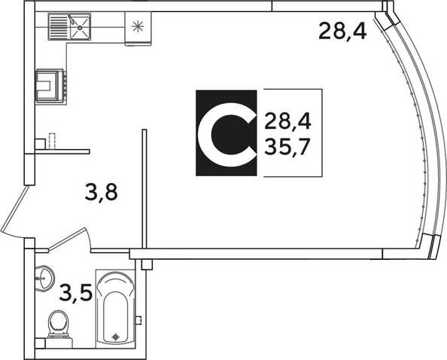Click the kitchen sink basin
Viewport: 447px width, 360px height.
point(80,27)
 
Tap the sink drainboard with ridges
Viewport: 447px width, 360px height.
point(59,26)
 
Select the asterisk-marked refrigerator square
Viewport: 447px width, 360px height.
point(138,28)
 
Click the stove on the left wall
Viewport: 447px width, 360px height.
point(50,85)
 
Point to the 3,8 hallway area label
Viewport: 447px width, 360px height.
point(101,193)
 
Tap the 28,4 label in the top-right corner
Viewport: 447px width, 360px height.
point(342,31)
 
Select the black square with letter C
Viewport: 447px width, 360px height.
point(227,133)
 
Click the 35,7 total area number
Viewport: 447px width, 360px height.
point(287,147)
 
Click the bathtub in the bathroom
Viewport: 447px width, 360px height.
point(115,308)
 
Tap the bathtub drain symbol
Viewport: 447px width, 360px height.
point(115,337)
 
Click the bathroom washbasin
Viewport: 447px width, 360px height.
point(44,279)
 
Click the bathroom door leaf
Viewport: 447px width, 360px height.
point(67,239)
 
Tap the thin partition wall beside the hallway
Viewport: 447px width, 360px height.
point(144,189)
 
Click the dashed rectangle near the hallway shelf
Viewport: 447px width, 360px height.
point(52,141)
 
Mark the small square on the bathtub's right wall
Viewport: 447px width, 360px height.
point(138,320)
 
